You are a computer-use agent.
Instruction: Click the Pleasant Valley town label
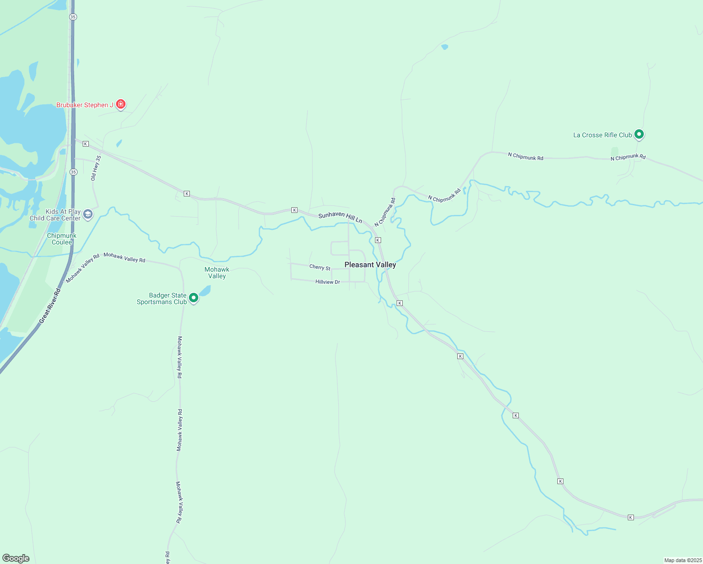tap(370, 265)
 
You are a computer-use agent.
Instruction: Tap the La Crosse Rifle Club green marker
tap(639, 134)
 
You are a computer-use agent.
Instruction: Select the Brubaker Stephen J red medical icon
tap(121, 104)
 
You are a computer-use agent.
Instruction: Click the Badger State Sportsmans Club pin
tap(193, 298)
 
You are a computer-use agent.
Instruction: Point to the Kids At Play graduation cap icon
tap(88, 214)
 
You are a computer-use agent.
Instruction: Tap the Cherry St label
tap(320, 267)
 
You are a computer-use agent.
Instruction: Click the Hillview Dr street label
tap(328, 282)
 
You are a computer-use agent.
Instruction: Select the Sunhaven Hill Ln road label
tap(340, 217)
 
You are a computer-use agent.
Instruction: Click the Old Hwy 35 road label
tap(96, 168)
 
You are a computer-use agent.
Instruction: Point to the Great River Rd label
tap(50, 305)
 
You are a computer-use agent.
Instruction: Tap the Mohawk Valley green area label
tap(217, 273)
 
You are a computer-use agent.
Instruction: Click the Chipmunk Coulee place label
tap(62, 239)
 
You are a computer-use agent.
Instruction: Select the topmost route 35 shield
tap(72, 17)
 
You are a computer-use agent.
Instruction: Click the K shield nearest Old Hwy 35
tap(86, 143)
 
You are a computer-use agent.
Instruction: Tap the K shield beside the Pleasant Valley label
tap(378, 240)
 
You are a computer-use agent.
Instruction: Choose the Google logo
tap(16, 558)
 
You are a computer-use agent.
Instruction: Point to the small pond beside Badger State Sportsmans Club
tap(205, 290)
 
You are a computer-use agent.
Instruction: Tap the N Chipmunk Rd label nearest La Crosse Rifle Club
tap(628, 157)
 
